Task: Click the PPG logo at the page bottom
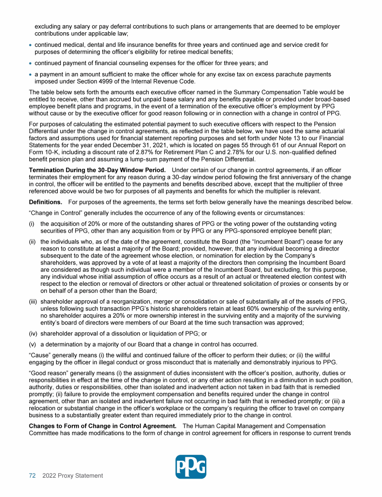[x=191, y=467]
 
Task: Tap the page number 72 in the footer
[x=32, y=476]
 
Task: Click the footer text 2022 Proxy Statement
[x=73, y=476]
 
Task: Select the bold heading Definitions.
[x=46, y=202]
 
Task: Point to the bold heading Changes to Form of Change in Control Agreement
[x=102, y=426]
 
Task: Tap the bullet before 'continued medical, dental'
[x=31, y=45]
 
